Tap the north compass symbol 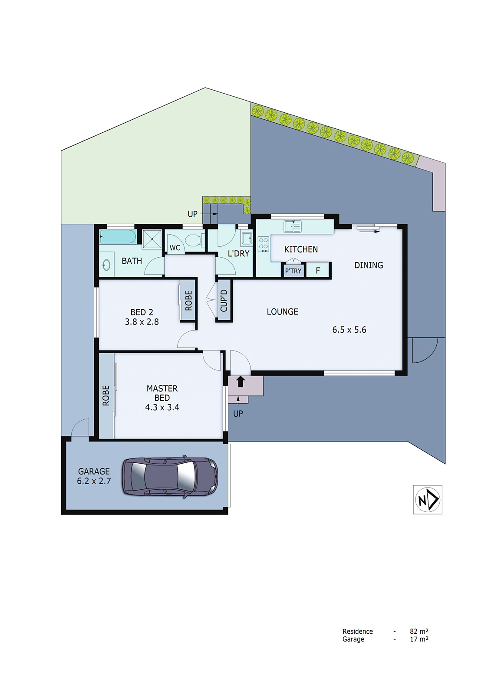pyautogui.click(x=427, y=500)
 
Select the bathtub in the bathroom pyautogui.click(x=118, y=237)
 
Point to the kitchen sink pyautogui.click(x=293, y=226)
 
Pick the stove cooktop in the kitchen pyautogui.click(x=264, y=244)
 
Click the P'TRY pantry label pyautogui.click(x=293, y=271)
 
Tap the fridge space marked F pyautogui.click(x=318, y=270)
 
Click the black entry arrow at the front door pyautogui.click(x=241, y=382)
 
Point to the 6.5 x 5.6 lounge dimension pyautogui.click(x=349, y=330)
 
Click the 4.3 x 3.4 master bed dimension pyautogui.click(x=162, y=407)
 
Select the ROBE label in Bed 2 pyautogui.click(x=188, y=300)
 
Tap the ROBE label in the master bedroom pyautogui.click(x=106, y=396)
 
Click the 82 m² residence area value pyautogui.click(x=419, y=632)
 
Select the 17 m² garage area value pyautogui.click(x=419, y=639)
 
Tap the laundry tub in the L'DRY pyautogui.click(x=247, y=238)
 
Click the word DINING pyautogui.click(x=369, y=265)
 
